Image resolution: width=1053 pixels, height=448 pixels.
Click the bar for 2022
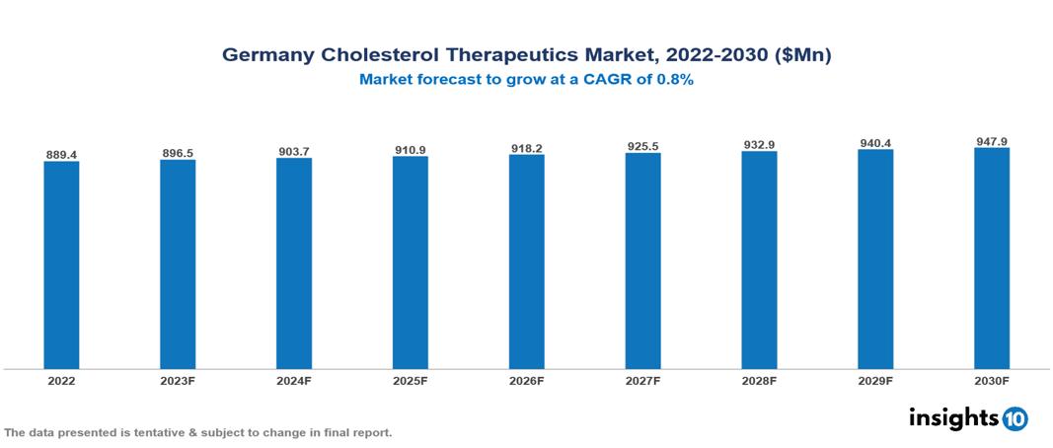61,264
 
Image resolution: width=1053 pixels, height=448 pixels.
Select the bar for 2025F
410,262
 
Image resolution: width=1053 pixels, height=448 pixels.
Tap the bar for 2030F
991,259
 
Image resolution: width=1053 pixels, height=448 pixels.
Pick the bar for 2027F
642,261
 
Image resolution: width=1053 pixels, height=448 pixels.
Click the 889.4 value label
61,155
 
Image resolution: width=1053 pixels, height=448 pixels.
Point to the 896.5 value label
178,153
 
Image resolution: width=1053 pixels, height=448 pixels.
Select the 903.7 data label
294,152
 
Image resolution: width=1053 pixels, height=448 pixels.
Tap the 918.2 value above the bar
526,148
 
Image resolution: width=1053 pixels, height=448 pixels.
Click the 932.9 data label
759,145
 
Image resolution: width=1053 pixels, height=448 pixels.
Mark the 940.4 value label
875,143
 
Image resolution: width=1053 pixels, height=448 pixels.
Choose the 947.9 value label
991,142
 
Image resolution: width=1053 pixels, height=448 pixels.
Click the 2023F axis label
178,380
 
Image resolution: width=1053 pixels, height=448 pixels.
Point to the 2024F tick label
294,380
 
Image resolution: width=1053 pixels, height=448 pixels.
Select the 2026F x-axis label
526,380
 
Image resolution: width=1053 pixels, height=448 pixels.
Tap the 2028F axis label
759,380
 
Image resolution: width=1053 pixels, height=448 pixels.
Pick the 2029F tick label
875,380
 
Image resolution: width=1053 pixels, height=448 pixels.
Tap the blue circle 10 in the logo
1015,419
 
